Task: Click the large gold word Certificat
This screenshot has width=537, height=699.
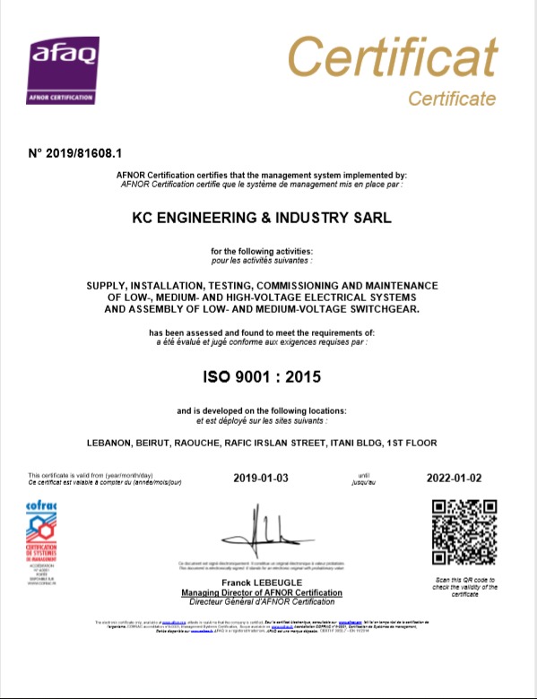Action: [x=392, y=58]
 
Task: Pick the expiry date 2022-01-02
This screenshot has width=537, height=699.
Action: [x=455, y=478]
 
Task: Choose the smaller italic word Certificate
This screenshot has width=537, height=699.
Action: [x=452, y=98]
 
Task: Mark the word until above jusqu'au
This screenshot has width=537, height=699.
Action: [x=364, y=474]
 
